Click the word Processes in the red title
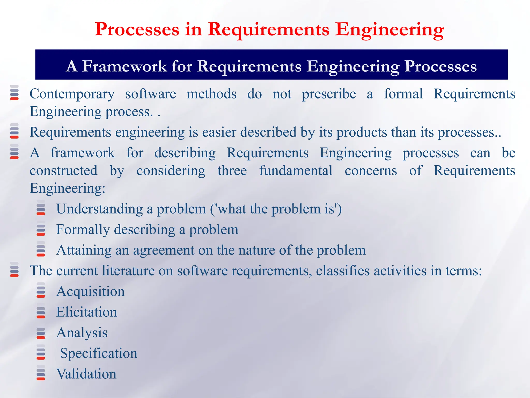pos(137,29)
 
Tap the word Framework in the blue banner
pos(125,66)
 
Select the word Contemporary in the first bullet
pos(72,94)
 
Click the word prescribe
pos(329,94)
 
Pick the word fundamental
pos(296,171)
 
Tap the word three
pos(232,171)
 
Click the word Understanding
pos(99,209)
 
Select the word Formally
pos(83,230)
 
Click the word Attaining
pos(84,250)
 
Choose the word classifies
pos(343,271)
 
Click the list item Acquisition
pos(90,292)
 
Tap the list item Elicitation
pos(86,312)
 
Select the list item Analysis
pos(82,333)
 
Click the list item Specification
pos(98,353)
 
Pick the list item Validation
pos(86,374)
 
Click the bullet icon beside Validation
pos(41,374)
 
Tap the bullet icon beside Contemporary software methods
pos(14,93)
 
